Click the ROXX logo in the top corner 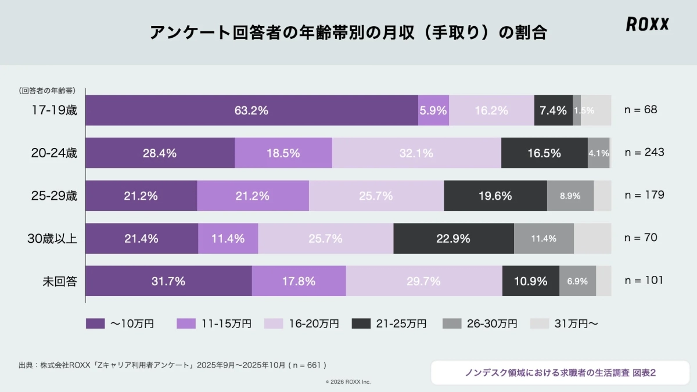click(x=647, y=24)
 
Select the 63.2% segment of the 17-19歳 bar click(x=251, y=110)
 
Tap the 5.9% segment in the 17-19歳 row click(x=433, y=110)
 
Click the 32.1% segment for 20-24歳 click(x=416, y=153)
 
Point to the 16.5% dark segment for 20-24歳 click(x=544, y=153)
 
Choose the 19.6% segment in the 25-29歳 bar click(x=495, y=196)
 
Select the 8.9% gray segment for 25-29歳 click(x=570, y=196)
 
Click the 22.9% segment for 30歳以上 click(x=453, y=238)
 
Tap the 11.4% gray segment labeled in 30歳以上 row click(x=544, y=238)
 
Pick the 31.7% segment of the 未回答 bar click(x=168, y=281)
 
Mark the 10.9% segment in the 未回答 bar click(x=530, y=281)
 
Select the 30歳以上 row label click(x=54, y=238)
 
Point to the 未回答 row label click(x=60, y=281)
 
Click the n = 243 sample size click(x=644, y=152)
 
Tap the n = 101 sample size click(x=644, y=280)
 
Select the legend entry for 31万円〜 click(x=564, y=324)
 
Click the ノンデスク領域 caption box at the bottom click(x=560, y=373)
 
